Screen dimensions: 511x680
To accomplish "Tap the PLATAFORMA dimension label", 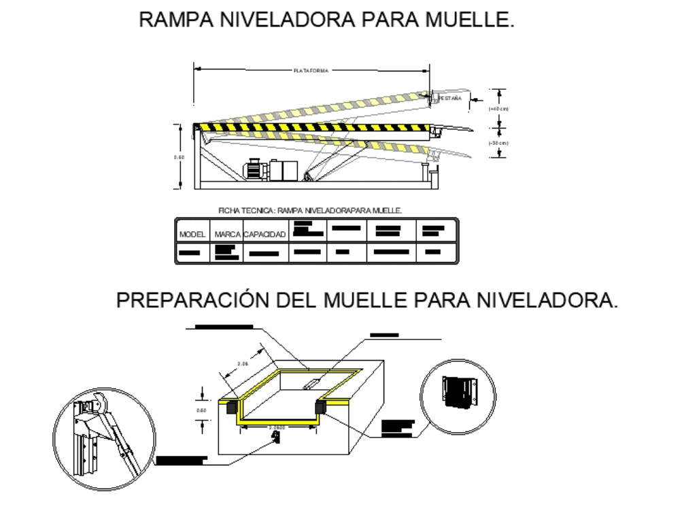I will (311, 69).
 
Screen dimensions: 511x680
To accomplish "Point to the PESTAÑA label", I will (449, 99).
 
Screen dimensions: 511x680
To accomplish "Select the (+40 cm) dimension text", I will (499, 108).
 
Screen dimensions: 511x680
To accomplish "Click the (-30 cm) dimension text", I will (499, 143).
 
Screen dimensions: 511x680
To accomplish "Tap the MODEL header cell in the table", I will (192, 234).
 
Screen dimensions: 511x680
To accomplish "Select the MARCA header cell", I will (227, 234).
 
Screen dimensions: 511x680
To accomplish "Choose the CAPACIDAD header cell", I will (265, 234).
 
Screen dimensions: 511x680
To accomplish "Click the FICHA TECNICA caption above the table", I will (310, 211).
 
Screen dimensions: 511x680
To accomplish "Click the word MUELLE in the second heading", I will (363, 300).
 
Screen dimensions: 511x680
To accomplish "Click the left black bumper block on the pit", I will (231, 406).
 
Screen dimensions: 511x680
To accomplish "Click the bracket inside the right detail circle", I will (457, 393).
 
